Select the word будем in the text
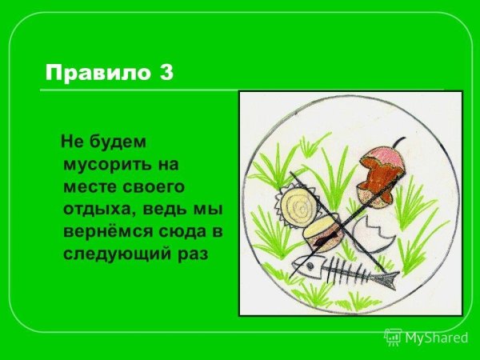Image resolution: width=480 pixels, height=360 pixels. (x=122, y=145)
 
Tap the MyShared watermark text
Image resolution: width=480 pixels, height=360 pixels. (x=436, y=338)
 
